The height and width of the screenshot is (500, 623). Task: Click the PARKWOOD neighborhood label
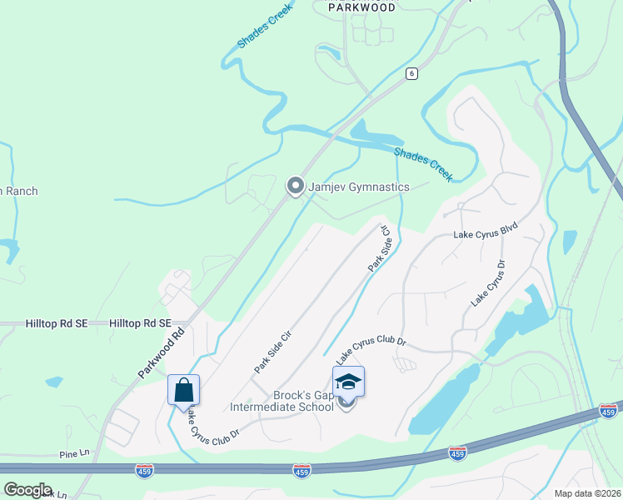(361, 7)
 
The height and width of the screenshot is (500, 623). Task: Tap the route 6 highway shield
(411, 73)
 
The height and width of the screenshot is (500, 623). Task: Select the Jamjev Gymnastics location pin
(295, 187)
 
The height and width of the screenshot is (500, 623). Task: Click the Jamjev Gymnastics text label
(359, 187)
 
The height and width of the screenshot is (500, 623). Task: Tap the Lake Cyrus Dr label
(489, 282)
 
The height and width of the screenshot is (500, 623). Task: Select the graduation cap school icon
(348, 382)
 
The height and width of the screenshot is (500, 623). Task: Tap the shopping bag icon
(183, 390)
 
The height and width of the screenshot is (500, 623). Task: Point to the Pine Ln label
(74, 453)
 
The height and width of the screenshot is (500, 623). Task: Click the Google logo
(27, 490)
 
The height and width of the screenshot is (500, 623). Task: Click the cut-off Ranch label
(18, 192)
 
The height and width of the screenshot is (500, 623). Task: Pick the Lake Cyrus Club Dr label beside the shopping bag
(212, 424)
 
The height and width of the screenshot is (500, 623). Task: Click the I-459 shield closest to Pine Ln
(144, 472)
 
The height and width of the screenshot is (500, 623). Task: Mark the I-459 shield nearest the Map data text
(608, 412)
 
